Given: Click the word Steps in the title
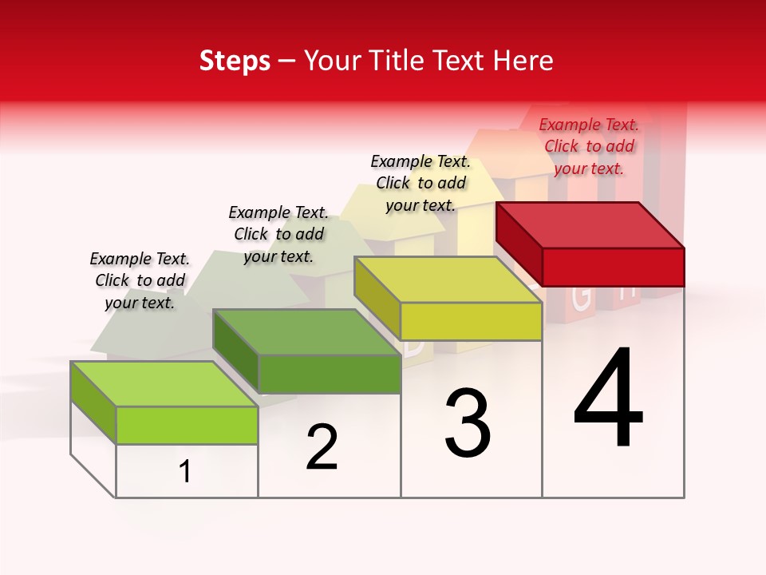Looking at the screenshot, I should pyautogui.click(x=235, y=61).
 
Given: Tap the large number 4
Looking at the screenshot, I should pyautogui.click(x=609, y=399).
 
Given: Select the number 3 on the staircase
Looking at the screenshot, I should pyautogui.click(x=468, y=423).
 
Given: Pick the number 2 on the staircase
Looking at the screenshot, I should pyautogui.click(x=322, y=447).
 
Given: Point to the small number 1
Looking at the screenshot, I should pyautogui.click(x=185, y=471).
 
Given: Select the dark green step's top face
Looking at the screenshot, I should pyautogui.click(x=306, y=332).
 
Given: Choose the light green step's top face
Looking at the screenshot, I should pyautogui.click(x=164, y=384).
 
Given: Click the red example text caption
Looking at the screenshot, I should pyautogui.click(x=589, y=146).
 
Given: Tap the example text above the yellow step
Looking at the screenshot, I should pyautogui.click(x=421, y=183).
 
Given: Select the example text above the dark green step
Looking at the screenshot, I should pyautogui.click(x=278, y=234).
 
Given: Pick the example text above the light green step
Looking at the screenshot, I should pyautogui.click(x=140, y=280).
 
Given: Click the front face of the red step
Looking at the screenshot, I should pyautogui.click(x=613, y=267).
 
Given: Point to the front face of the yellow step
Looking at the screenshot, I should pyautogui.click(x=471, y=322).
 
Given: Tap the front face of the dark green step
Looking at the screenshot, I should pyautogui.click(x=329, y=374).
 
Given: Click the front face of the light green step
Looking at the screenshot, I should pyautogui.click(x=187, y=425).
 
